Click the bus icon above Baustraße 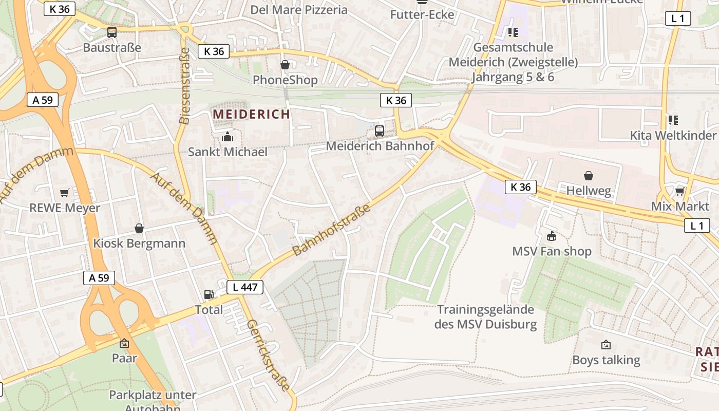pos(112,32)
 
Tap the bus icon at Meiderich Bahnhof pos(380,131)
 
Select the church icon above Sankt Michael pos(228,137)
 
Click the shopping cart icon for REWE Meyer pos(65,193)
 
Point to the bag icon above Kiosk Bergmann pos(139,228)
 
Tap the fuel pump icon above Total pos(209,294)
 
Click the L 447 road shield pos(245,287)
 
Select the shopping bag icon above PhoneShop pos(285,65)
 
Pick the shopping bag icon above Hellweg pos(589,176)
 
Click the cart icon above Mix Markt pos(680,191)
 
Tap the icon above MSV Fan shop pos(552,236)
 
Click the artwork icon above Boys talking pos(606,345)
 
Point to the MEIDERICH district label pos(252,114)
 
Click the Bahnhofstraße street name pos(332,230)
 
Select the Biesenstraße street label pos(184,86)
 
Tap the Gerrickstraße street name pos(268,355)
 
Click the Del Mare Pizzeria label pos(299,10)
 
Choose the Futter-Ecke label pos(422,14)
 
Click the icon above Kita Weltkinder pos(673,120)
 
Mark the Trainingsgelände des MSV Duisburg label pos(486,317)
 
